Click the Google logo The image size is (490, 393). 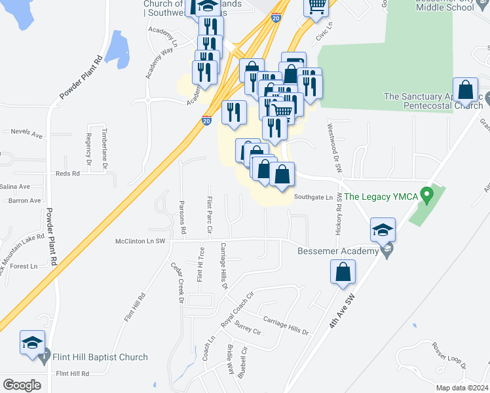pos(22,385)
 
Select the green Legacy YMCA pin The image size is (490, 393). pos(427,195)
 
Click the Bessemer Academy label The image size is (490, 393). pos(338,251)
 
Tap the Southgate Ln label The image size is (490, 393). pos(313,196)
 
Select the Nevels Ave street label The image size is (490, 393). pos(27,133)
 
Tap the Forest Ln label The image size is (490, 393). pos(24,266)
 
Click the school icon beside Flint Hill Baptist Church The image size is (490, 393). pos(32,343)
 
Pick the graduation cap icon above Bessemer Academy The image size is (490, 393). pos(383,230)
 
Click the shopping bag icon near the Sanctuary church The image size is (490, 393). pos(465,90)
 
